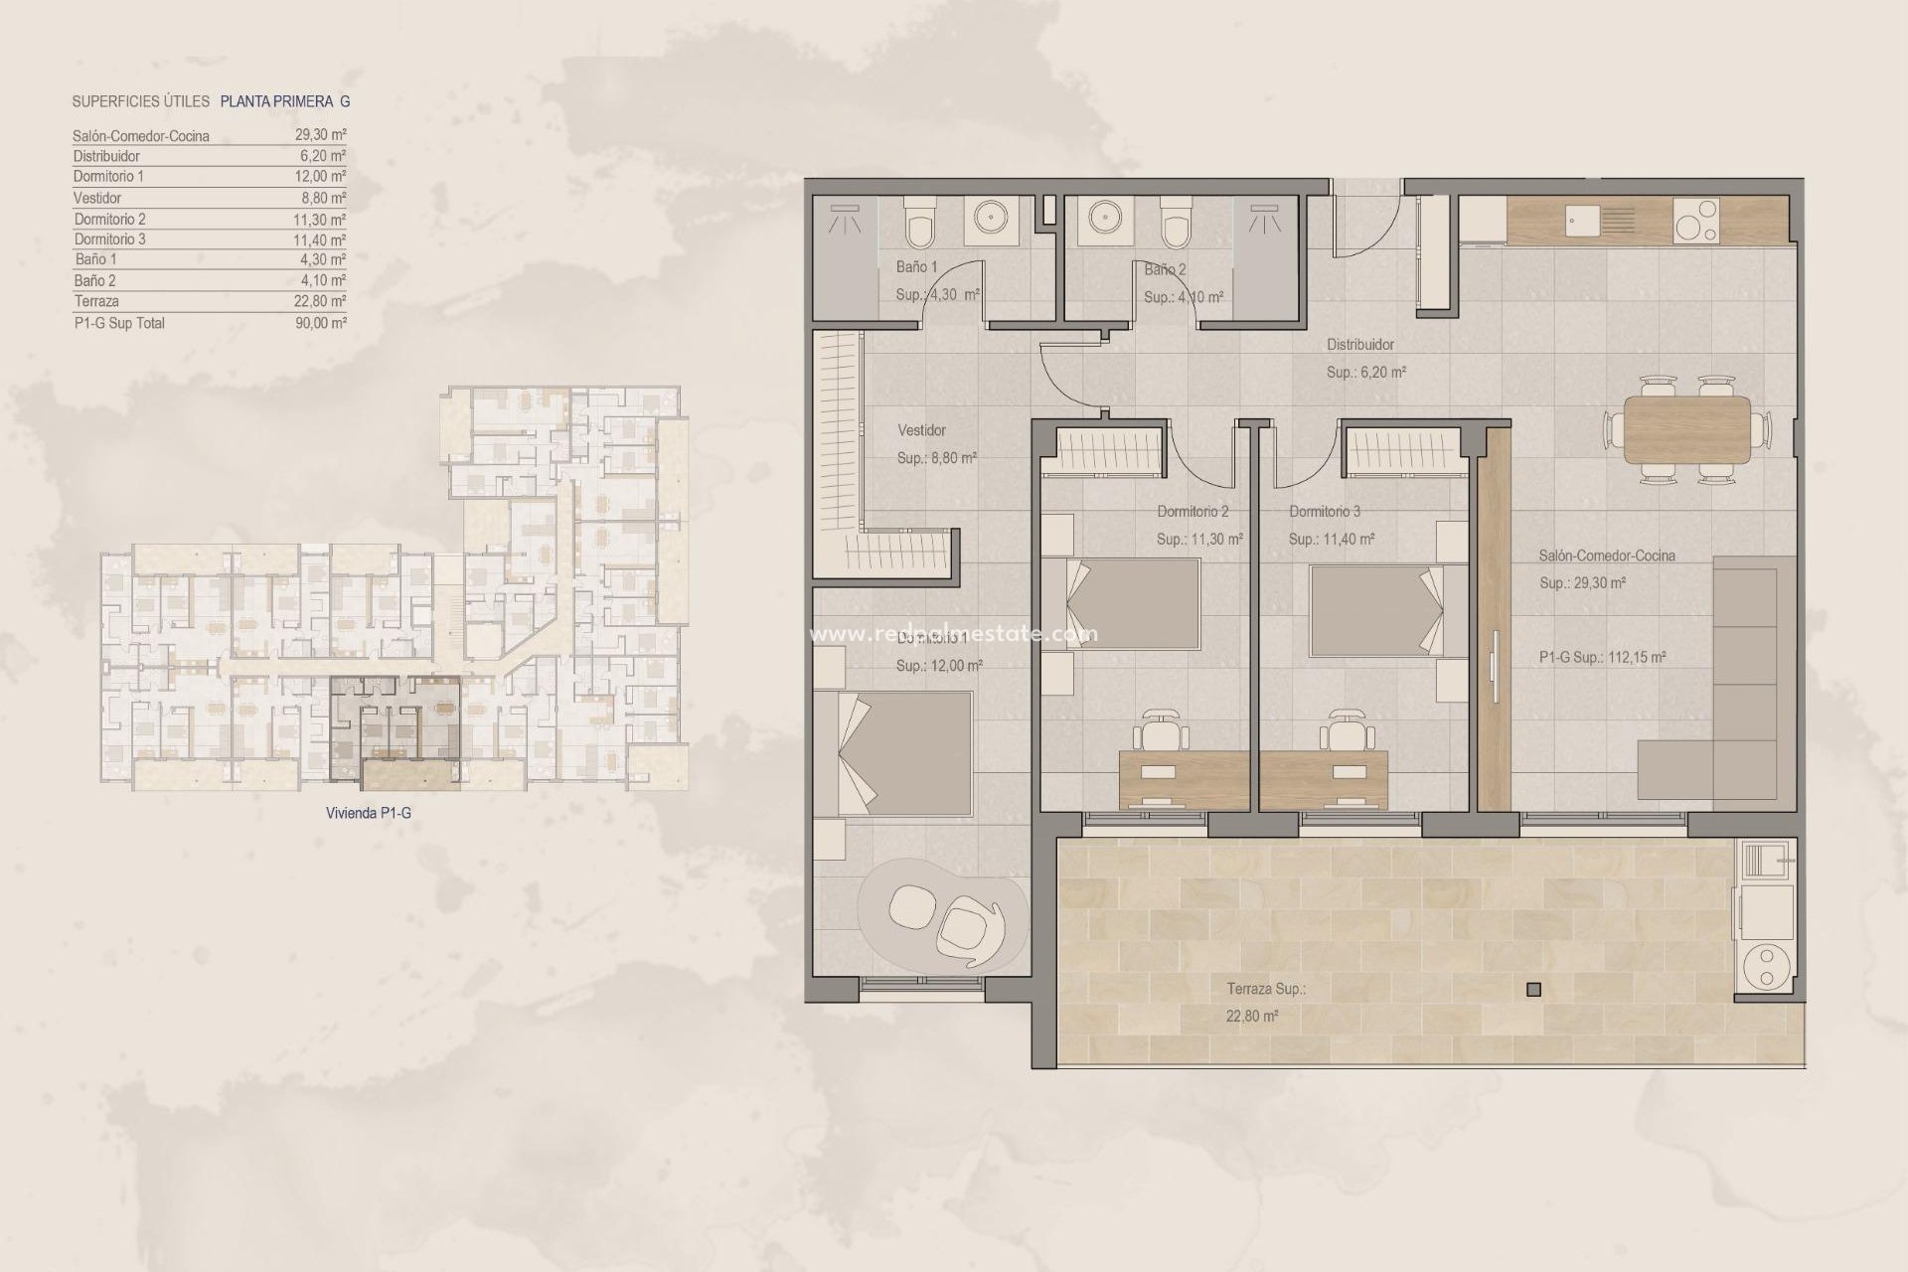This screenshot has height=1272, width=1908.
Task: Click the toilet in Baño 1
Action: [x=918, y=226]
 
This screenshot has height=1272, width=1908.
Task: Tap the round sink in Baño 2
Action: [x=1103, y=218]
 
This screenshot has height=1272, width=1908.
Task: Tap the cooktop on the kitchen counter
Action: [x=1696, y=221]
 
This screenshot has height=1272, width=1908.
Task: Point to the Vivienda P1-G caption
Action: [x=368, y=813]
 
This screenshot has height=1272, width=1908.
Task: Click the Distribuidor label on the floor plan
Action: [x=1360, y=345]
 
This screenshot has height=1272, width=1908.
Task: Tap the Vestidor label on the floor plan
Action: [x=921, y=430]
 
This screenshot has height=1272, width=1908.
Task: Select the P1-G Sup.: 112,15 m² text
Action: [x=1602, y=657]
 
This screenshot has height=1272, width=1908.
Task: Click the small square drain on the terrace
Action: [x=1533, y=989]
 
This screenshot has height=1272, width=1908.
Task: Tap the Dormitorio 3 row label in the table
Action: [x=109, y=239]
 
